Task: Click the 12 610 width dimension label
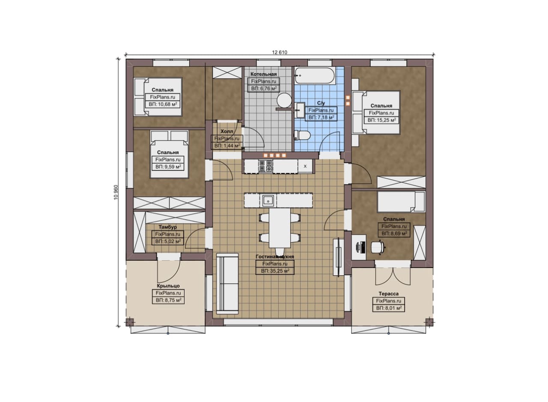pos(280,52)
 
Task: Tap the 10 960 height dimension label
pos(116,192)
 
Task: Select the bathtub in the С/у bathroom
pos(315,76)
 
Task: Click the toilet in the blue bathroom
pos(302,135)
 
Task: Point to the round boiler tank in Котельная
pos(284,100)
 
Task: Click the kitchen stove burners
pos(266,166)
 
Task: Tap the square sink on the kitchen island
pos(268,201)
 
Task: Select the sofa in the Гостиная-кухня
pos(227,284)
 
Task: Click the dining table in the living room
pos(280,228)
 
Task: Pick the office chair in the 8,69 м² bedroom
pos(378,247)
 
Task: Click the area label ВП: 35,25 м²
pos(275,271)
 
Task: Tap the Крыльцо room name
pos(168,286)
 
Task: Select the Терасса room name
pos(388,294)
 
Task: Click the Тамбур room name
pos(167,227)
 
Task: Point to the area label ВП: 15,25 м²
pos(381,120)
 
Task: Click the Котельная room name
pos(263,74)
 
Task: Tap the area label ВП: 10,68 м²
pos(163,104)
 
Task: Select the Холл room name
pos(227,131)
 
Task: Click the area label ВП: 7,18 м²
pos(321,117)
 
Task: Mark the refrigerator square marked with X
pos(305,166)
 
